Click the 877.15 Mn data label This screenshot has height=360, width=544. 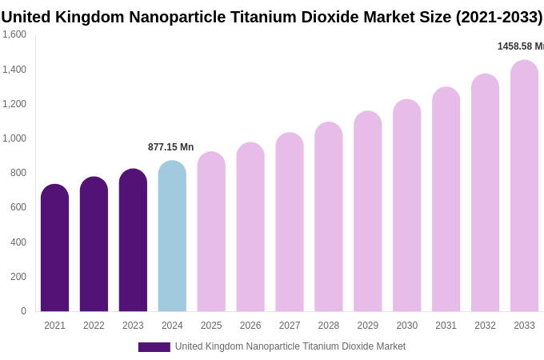coord(170,147)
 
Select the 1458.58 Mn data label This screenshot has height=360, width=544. coord(520,46)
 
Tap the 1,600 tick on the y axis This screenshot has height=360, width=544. coord(14,34)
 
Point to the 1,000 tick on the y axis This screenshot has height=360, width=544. coord(14,138)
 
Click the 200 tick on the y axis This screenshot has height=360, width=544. coord(18,277)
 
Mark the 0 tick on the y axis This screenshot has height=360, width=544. coord(23,311)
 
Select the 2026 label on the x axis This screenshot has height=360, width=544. coord(250,326)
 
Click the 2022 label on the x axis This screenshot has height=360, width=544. coord(94,326)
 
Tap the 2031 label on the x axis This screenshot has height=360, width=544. coord(446,326)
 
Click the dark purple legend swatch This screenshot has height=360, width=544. coord(154,347)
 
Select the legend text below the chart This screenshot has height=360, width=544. coord(290,346)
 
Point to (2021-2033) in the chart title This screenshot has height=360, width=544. coord(498,17)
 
